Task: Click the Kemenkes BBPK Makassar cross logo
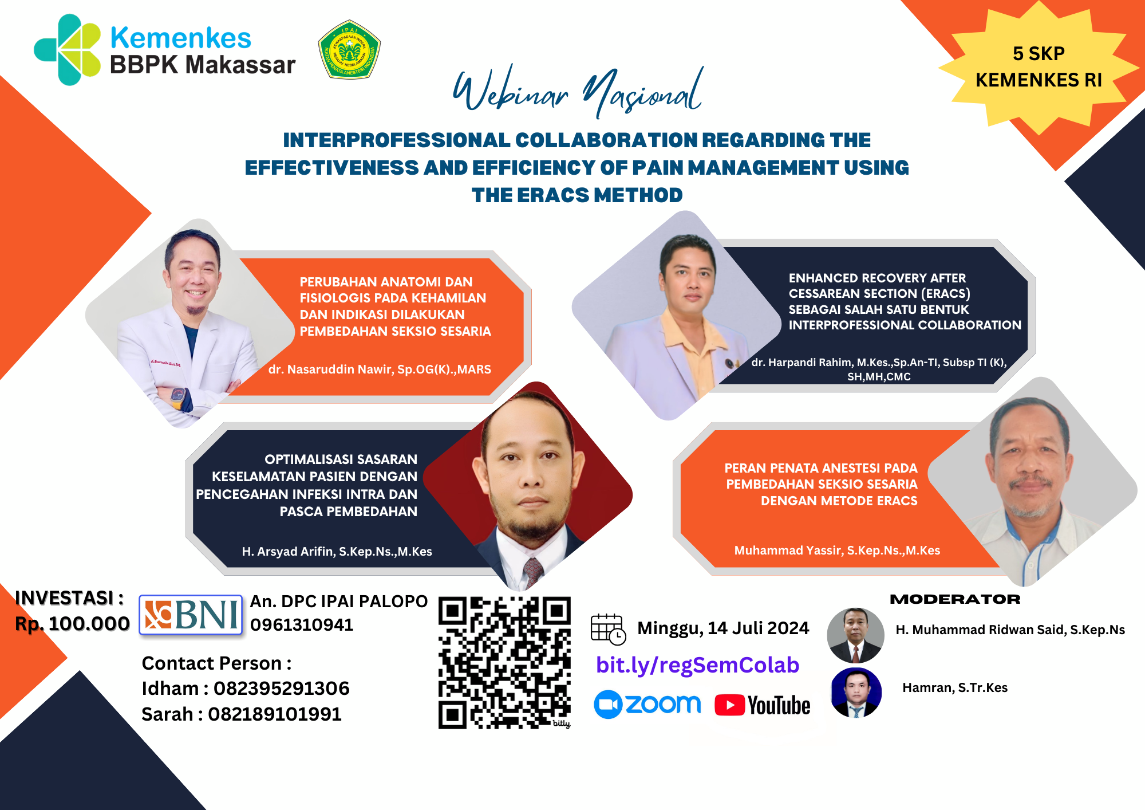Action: click(68, 50)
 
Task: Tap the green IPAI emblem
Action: click(349, 50)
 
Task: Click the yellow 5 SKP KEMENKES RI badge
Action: click(1039, 67)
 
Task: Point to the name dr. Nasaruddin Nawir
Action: click(331, 369)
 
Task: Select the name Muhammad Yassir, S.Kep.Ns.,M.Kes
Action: click(837, 551)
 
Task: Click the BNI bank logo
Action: click(191, 615)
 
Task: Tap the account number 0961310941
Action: click(302, 625)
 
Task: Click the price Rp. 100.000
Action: click(73, 624)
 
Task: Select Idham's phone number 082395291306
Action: click(282, 689)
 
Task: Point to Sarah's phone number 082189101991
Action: click(275, 714)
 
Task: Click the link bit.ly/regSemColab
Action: click(697, 665)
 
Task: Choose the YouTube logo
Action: click(763, 706)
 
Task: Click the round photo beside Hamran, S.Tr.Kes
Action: click(856, 693)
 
